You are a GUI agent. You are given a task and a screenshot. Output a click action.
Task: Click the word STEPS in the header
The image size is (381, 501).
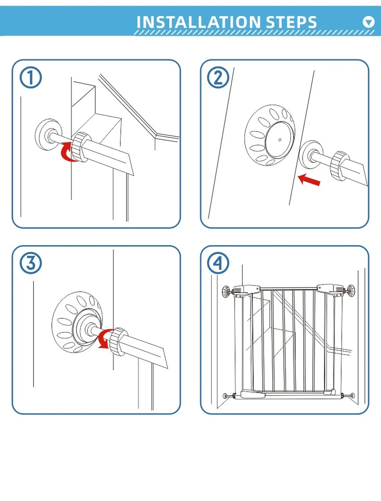pos(291,22)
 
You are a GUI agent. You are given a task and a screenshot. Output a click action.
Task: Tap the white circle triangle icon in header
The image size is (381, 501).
pos(368,22)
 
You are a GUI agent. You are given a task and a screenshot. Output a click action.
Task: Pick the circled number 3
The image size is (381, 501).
pos(30,263)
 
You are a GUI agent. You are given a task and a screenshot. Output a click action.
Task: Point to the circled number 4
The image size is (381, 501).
pos(218,263)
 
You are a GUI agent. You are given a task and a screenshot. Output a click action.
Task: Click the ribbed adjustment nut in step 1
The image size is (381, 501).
pos(80,146)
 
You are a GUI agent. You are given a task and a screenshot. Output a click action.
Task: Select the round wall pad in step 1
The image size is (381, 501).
pos(47,134)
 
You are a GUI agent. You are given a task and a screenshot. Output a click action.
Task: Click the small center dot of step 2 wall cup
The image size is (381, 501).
pos(280,140)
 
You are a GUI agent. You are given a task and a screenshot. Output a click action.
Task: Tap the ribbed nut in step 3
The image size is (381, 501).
pos(118,341)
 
